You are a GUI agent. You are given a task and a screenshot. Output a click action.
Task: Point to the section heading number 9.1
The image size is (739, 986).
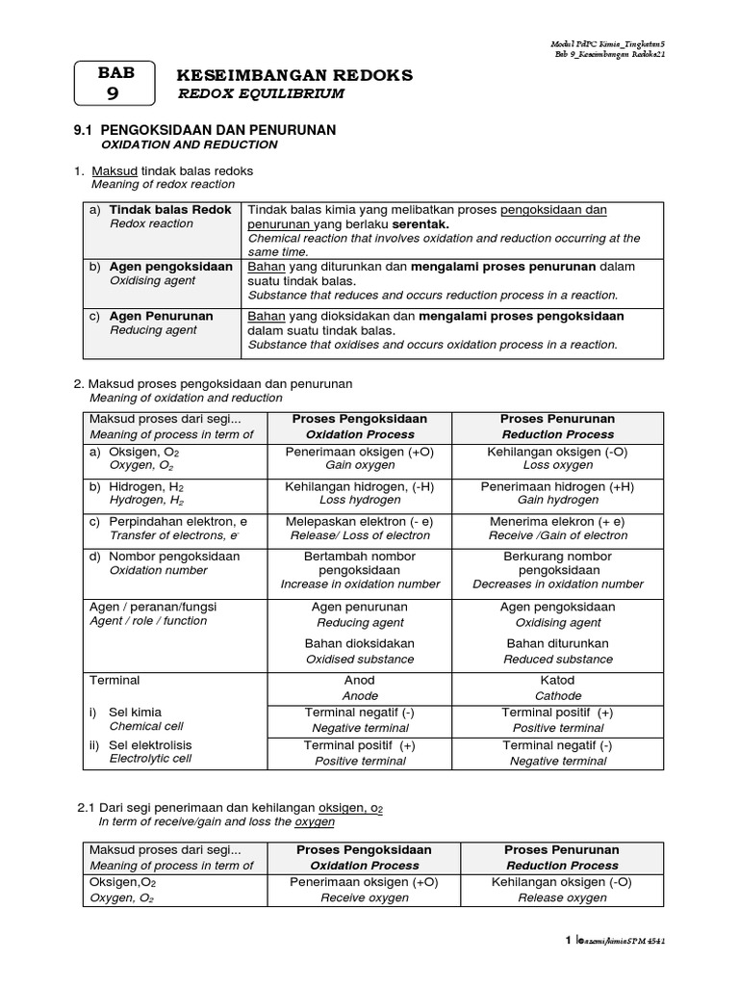[87, 129]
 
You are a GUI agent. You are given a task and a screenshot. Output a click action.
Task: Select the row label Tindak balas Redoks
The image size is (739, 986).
[170, 209]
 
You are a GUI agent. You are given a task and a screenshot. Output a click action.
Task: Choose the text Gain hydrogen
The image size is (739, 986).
[557, 501]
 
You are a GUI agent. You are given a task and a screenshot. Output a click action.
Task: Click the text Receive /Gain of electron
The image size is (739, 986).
[557, 535]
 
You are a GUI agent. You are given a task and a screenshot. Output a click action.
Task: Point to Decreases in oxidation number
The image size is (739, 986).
[557, 584]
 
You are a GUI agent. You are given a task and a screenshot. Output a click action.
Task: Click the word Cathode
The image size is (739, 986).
[557, 695]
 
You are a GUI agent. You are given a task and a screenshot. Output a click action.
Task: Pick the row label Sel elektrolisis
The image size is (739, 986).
[151, 744]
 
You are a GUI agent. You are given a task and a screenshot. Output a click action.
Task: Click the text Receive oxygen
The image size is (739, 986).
[365, 897]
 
